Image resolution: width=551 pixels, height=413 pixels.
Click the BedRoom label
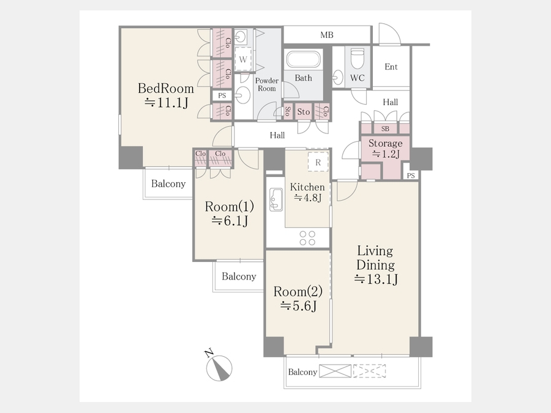(x=165, y=88)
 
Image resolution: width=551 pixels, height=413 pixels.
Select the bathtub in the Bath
(x=304, y=60)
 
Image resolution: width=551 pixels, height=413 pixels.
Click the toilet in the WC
(x=358, y=58)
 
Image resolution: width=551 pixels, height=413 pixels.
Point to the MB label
(x=327, y=35)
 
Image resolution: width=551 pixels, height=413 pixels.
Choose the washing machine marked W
(x=243, y=59)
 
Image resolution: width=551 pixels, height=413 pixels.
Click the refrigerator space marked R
(x=318, y=162)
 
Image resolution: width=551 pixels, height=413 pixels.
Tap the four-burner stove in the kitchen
(x=307, y=238)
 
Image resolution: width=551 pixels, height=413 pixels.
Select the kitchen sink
(x=276, y=199)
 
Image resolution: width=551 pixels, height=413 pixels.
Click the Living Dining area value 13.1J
(x=376, y=279)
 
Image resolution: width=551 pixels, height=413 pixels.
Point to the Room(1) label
(x=229, y=206)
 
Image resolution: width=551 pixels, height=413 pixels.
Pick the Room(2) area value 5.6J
(x=298, y=307)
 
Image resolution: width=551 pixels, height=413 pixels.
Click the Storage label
(x=386, y=144)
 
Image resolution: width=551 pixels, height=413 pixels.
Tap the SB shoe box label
(x=385, y=129)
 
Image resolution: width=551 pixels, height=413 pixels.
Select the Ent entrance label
(x=391, y=67)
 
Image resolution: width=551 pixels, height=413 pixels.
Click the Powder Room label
(x=267, y=84)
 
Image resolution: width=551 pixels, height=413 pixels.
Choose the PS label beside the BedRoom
(x=222, y=95)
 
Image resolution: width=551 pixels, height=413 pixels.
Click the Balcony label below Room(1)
(x=239, y=277)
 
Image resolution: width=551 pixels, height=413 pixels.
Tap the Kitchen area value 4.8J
(x=308, y=198)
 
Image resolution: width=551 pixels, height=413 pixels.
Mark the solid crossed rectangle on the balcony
(x=335, y=371)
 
